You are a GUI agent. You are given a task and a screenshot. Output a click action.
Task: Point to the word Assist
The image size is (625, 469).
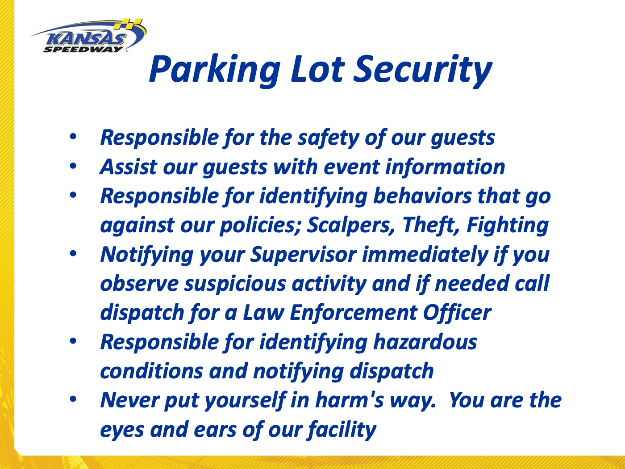point(128,167)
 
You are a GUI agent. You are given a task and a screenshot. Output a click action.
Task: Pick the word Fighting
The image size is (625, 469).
point(508,225)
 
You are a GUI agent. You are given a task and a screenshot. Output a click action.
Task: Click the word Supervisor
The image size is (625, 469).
point(303,254)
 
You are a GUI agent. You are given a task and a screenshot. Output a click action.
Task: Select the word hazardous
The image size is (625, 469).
point(425,342)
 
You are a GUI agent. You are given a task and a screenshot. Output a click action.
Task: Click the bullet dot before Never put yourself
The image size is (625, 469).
point(73,398)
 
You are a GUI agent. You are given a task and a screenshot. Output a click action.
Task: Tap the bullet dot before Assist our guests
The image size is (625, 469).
point(73,166)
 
